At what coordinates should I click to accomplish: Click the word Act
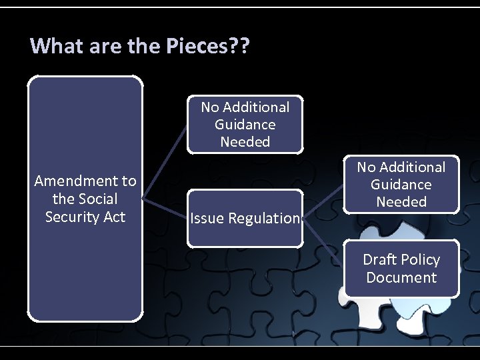113,217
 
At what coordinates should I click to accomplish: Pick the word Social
97,199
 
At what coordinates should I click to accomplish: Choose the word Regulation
264,218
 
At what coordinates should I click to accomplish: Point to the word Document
401,277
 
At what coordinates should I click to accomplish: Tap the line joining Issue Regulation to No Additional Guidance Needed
323,203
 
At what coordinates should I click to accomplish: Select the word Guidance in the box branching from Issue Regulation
401,185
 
